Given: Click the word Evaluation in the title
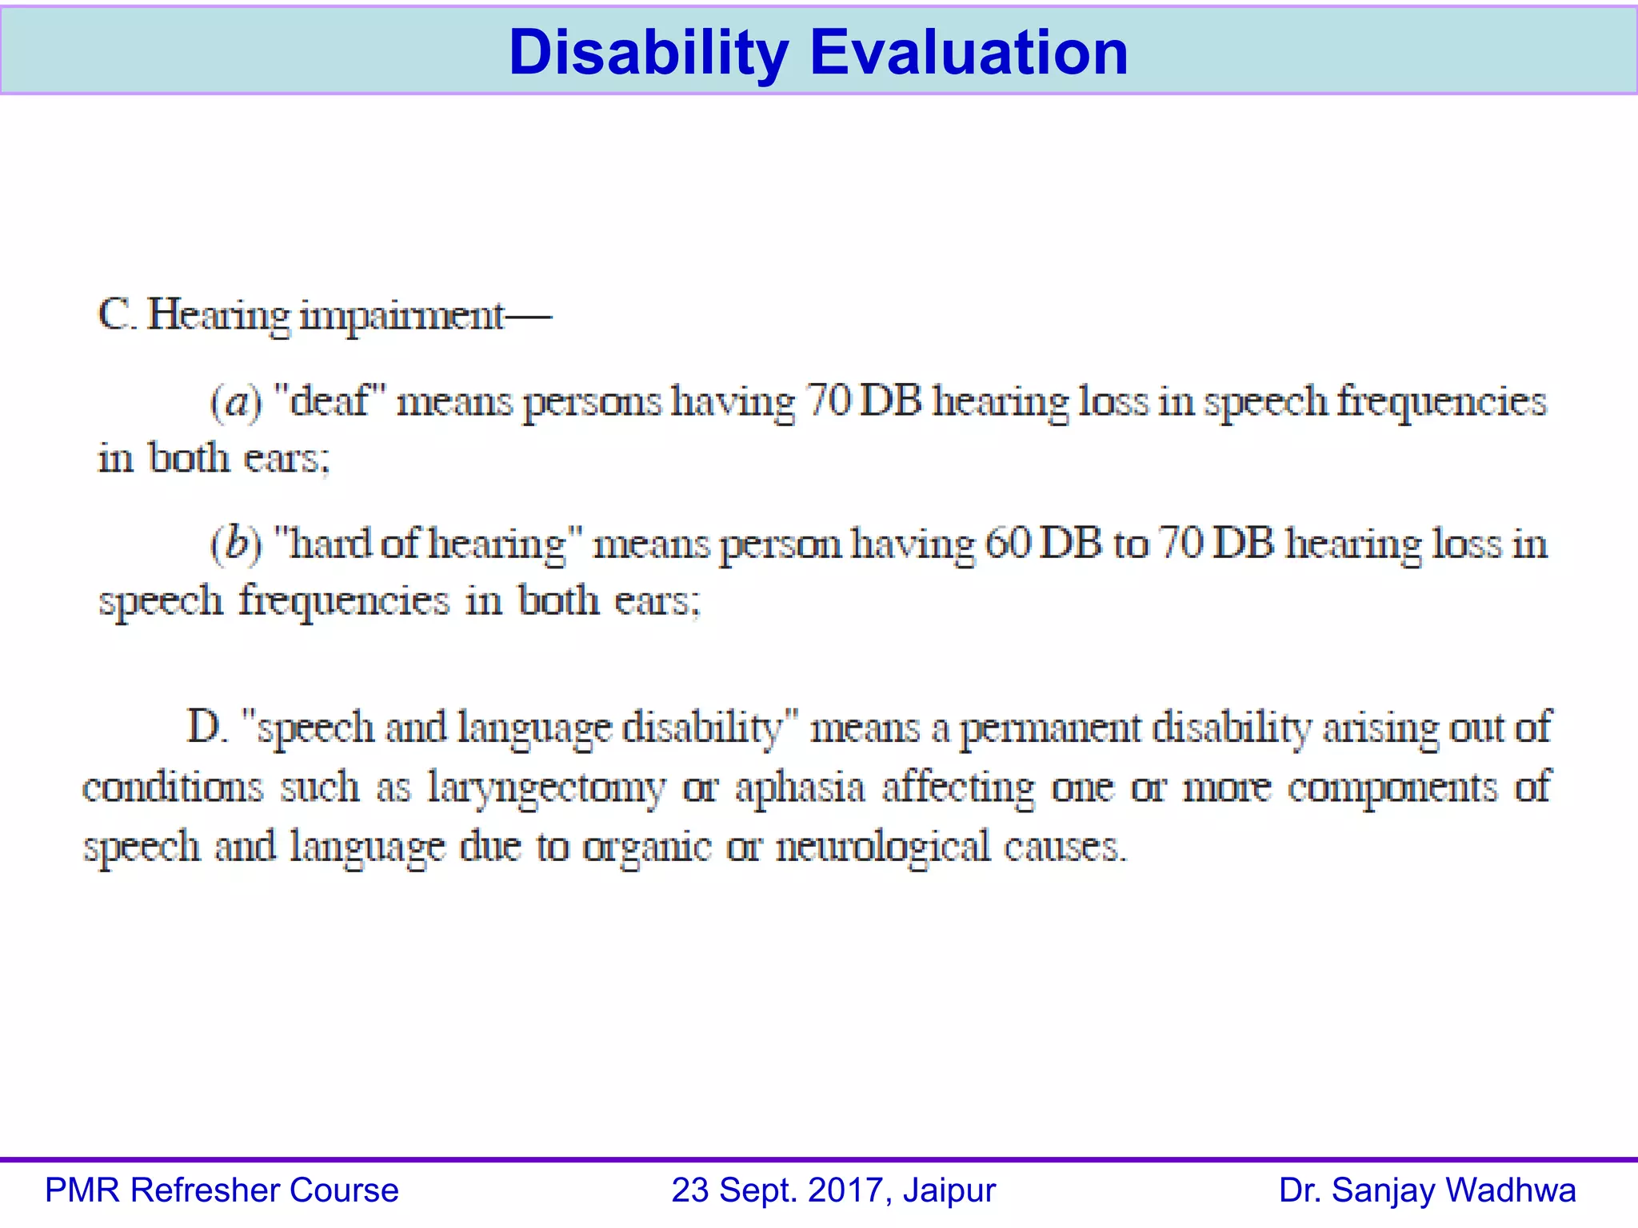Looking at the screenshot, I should pyautogui.click(x=969, y=53).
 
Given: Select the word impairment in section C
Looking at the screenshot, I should pyautogui.click(x=402, y=317).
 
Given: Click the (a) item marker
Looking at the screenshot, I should pyautogui.click(x=235, y=402).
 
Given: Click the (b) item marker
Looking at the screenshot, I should pyautogui.click(x=235, y=544).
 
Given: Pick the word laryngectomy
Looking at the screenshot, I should pyautogui.click(x=545, y=788).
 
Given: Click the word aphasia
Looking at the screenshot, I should pyautogui.click(x=800, y=788).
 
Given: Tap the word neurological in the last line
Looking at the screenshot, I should pyautogui.click(x=882, y=847).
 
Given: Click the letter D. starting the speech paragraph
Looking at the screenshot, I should pyautogui.click(x=206, y=728).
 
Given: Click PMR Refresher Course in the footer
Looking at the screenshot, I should pyautogui.click(x=222, y=1190).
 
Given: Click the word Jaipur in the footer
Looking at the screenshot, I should pyautogui.click(x=949, y=1190).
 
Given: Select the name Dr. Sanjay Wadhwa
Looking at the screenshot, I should pyautogui.click(x=1427, y=1190).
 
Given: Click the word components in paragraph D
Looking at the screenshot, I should pyautogui.click(x=1392, y=788).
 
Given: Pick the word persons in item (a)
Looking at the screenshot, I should pyautogui.click(x=592, y=402).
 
